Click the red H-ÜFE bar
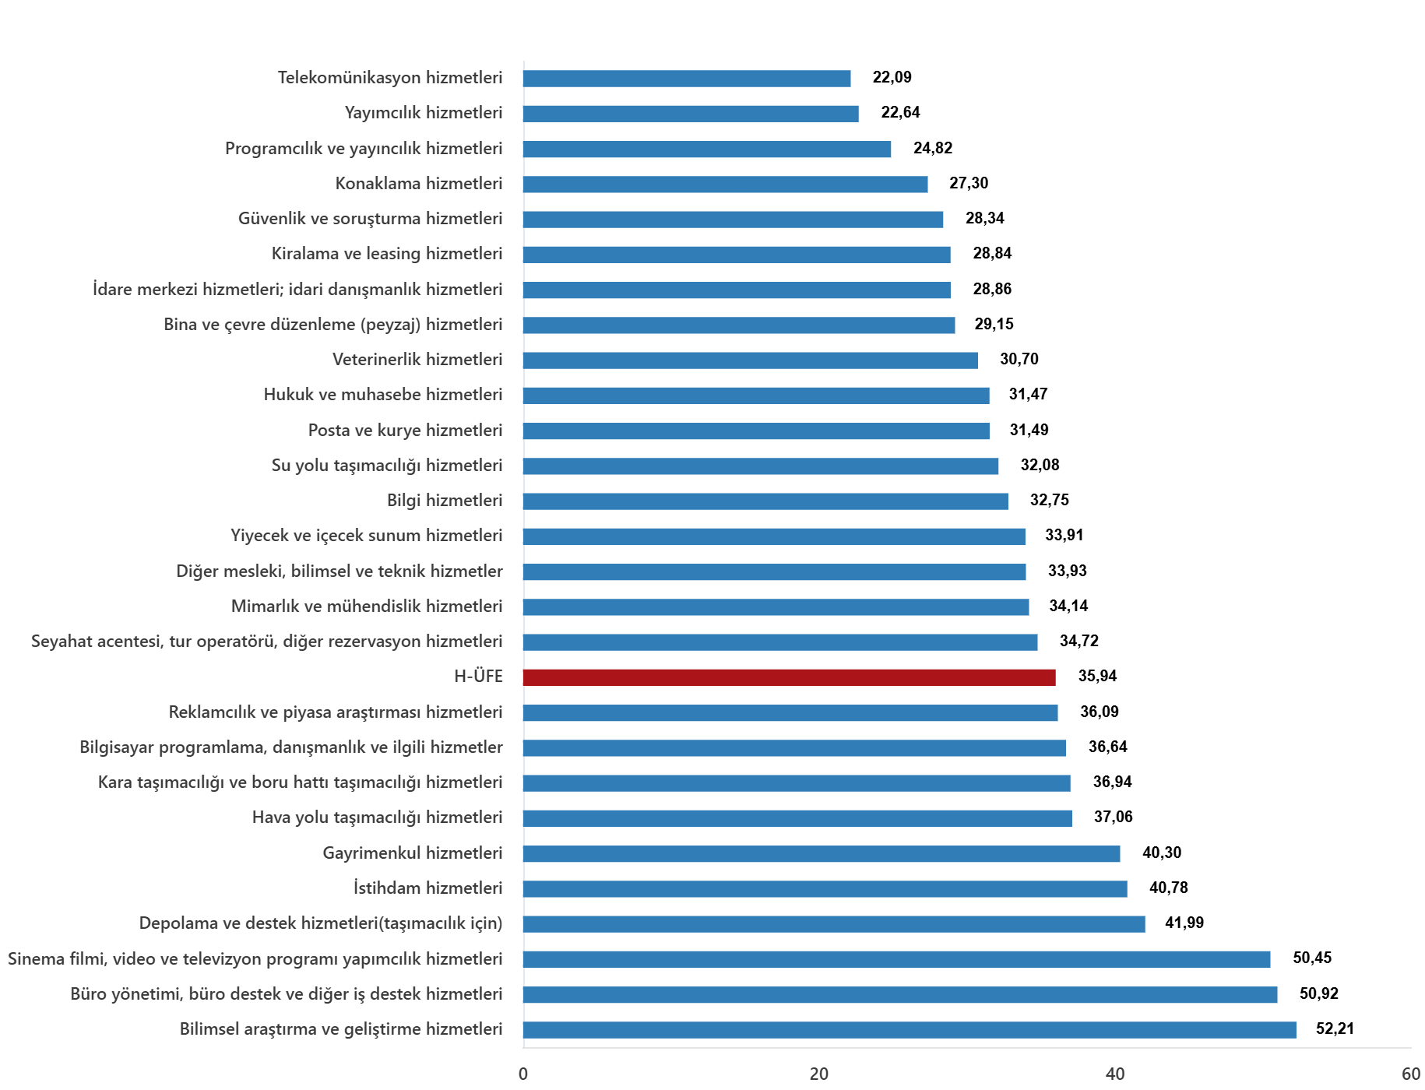(789, 677)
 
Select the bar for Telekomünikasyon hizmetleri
(687, 79)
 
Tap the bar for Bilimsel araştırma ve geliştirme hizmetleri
(910, 1030)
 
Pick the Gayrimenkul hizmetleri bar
(822, 854)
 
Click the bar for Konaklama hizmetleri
(725, 185)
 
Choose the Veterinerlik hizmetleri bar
(750, 360)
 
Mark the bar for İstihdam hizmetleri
(825, 889)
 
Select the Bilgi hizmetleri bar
(765, 501)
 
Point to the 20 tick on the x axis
(819, 1074)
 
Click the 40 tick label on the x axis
(1115, 1074)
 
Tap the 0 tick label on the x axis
(523, 1074)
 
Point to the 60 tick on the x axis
(1411, 1074)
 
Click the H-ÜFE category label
(478, 677)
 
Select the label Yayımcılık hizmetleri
(424, 113)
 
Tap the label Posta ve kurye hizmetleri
(405, 431)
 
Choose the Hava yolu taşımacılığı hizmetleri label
(377, 817)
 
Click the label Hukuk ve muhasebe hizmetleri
(383, 395)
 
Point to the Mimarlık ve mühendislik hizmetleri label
(367, 607)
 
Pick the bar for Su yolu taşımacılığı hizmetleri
(761, 466)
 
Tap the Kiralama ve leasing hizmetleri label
(387, 254)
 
